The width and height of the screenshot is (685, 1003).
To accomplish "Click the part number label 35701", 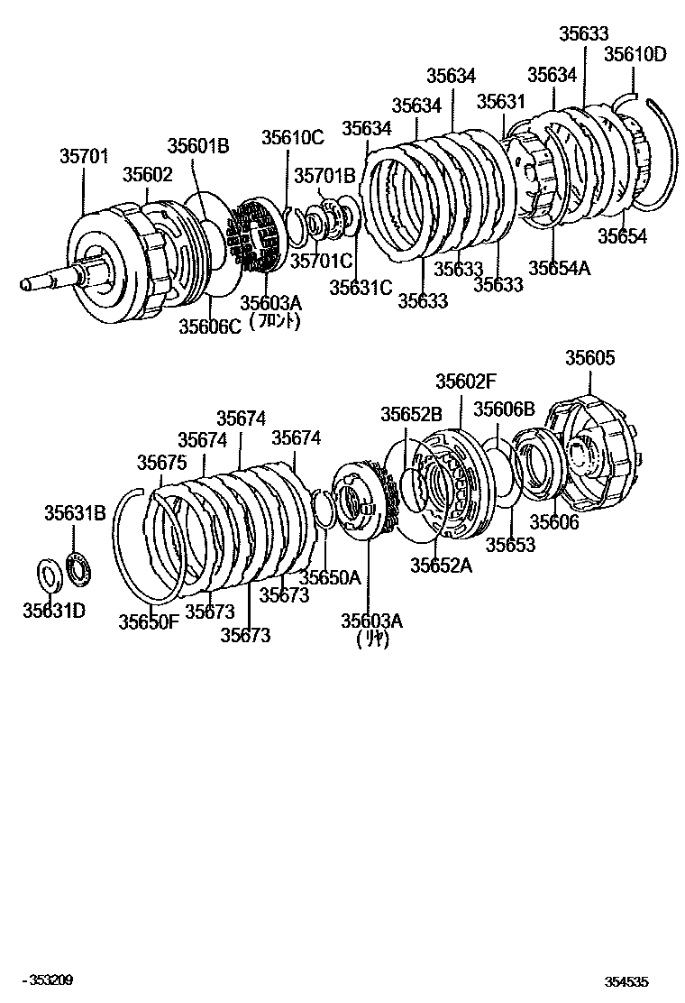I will (x=84, y=157).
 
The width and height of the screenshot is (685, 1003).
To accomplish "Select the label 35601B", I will (x=198, y=146).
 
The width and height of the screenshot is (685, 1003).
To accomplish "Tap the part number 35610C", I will (x=292, y=137).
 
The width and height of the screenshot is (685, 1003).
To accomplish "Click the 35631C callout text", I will (x=361, y=287).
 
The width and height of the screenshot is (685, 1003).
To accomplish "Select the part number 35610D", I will (x=635, y=54).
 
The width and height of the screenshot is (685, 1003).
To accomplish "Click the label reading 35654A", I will (x=559, y=268).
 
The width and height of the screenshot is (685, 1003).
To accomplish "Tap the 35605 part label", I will (x=590, y=358).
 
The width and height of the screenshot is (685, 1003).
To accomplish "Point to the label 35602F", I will (x=466, y=382).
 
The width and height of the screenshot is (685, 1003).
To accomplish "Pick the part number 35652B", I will (x=411, y=414).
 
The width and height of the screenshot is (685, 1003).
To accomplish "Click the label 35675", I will (x=161, y=463).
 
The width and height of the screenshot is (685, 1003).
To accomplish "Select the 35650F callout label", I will (x=149, y=621).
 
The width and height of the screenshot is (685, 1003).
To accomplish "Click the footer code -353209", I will (x=50, y=980).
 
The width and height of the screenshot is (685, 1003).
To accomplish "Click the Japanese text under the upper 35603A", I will (x=274, y=321).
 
